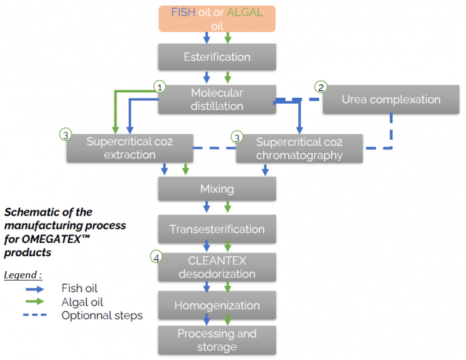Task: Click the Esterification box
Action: (x=217, y=57)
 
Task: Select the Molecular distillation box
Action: (x=217, y=100)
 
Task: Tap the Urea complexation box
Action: (x=391, y=100)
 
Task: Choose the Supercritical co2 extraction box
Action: (x=130, y=148)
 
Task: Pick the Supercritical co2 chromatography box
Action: (x=299, y=148)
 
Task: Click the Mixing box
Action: (x=217, y=189)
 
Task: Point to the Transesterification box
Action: (x=217, y=229)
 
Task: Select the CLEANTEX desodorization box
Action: (x=217, y=267)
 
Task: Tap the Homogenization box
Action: (x=217, y=305)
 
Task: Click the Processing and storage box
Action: (x=217, y=340)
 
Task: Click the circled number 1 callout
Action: (x=160, y=87)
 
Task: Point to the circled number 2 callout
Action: (x=321, y=87)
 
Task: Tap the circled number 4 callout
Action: (x=157, y=257)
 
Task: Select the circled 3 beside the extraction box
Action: (x=66, y=135)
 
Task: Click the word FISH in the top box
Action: (x=183, y=13)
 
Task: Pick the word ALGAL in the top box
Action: (x=245, y=13)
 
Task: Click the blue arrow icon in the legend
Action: (x=35, y=289)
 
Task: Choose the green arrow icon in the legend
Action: (x=35, y=302)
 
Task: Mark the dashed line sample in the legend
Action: (x=35, y=315)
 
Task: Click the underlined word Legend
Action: (x=21, y=275)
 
